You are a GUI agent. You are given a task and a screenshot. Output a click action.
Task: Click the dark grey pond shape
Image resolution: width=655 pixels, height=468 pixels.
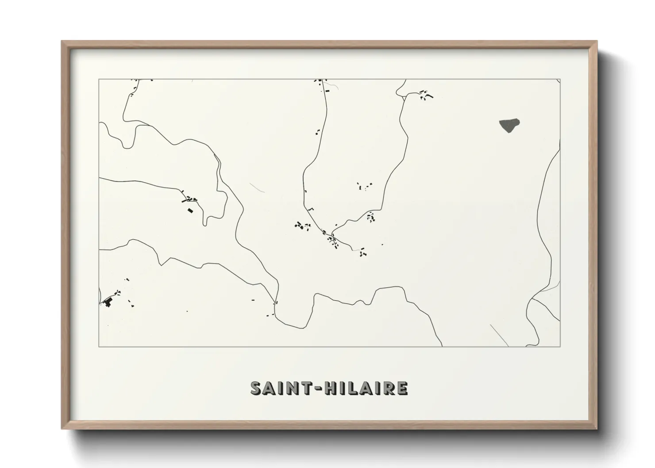point(509,125)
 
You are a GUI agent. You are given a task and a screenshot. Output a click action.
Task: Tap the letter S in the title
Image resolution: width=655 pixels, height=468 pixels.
point(257,388)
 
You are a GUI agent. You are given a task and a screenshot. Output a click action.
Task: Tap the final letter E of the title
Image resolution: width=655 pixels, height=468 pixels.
point(402,388)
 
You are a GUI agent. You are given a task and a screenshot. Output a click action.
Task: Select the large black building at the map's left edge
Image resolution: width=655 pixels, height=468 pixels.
point(107,303)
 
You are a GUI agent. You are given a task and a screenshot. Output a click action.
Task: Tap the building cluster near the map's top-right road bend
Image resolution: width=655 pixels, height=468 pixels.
point(425,95)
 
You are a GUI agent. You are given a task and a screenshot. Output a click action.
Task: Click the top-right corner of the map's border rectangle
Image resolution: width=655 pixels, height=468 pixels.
point(560,80)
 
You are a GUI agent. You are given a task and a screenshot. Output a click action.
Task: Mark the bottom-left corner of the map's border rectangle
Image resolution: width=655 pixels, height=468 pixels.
point(99,346)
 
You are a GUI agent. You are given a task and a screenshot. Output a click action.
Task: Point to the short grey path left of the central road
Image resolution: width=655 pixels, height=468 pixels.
point(257,188)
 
